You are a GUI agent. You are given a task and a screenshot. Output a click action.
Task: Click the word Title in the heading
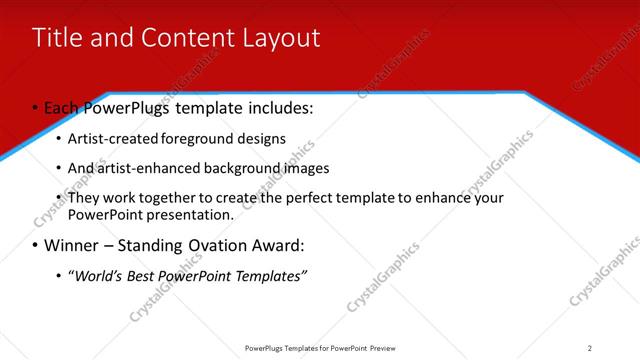[x=58, y=38]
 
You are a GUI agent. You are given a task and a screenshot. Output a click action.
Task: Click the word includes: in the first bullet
[x=277, y=108]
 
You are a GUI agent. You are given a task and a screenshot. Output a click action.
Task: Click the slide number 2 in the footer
[x=589, y=348]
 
